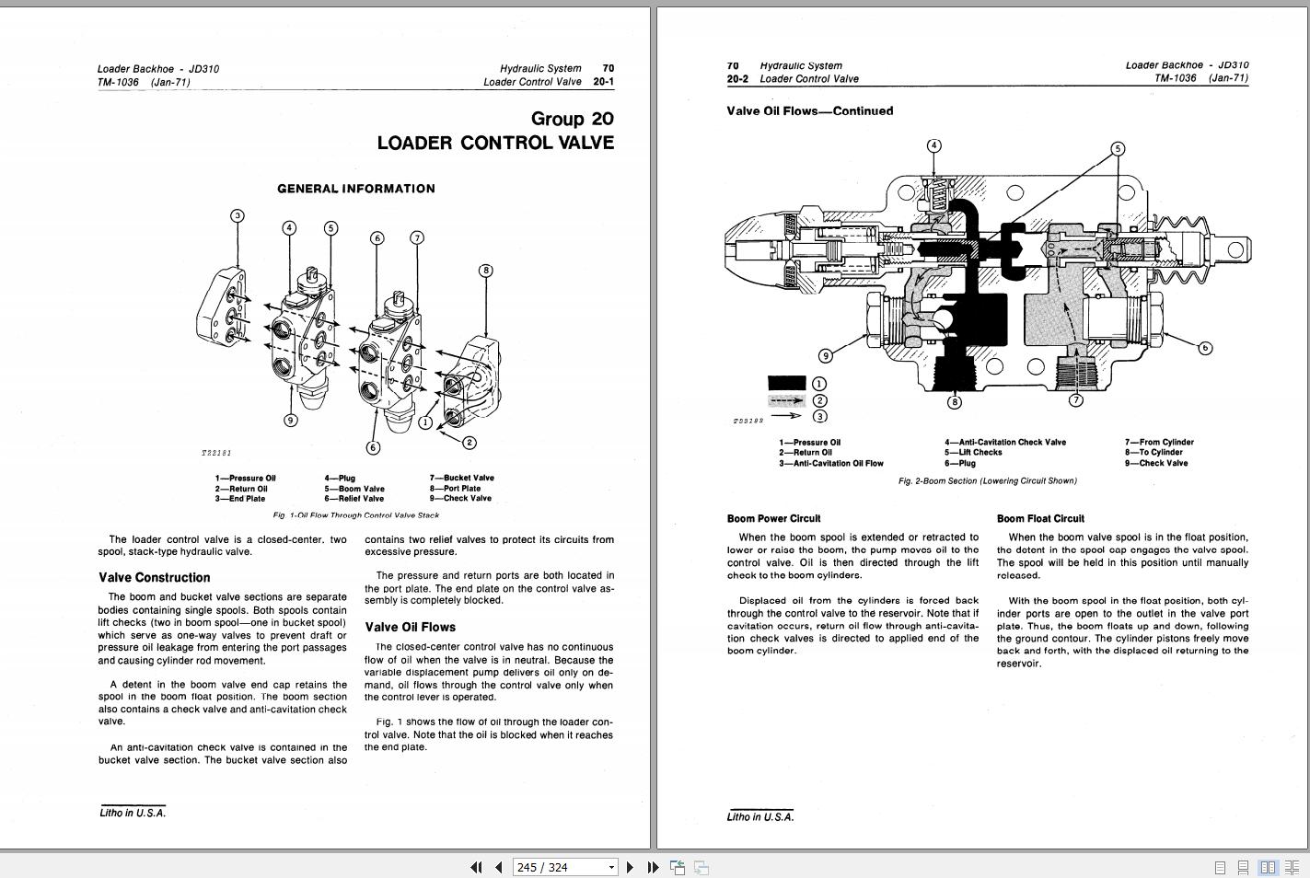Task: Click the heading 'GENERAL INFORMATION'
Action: (356, 189)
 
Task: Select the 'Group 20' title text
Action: (572, 119)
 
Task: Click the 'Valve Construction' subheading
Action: (154, 578)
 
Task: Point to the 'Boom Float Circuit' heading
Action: (1040, 519)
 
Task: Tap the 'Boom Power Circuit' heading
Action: (773, 519)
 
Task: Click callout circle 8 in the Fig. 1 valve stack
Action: (486, 271)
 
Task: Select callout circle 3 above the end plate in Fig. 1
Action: (238, 216)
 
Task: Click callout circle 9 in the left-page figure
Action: (291, 421)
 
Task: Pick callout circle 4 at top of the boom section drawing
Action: (934, 145)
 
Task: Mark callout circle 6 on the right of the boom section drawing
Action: (1205, 348)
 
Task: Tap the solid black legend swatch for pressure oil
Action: (786, 383)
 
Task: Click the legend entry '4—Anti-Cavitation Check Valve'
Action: (1004, 443)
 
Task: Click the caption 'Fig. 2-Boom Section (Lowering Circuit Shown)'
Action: (987, 481)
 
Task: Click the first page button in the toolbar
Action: (476, 867)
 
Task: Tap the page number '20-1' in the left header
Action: (603, 82)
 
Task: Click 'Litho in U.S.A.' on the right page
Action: (759, 817)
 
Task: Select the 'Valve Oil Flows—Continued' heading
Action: (809, 111)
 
